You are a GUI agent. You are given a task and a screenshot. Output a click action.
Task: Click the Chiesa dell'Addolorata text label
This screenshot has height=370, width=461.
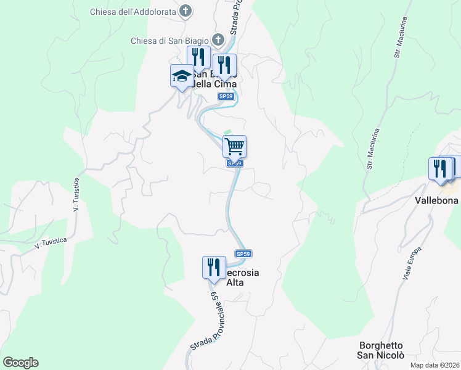point(134,12)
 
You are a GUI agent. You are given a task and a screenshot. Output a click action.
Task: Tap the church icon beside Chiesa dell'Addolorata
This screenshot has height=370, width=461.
point(186,11)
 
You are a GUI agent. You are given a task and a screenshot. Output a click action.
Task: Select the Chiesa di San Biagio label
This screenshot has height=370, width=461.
point(169,41)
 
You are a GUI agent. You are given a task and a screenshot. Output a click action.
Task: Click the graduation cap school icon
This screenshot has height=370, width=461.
point(182,76)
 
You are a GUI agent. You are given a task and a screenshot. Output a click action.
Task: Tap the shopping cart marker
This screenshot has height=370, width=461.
point(234,147)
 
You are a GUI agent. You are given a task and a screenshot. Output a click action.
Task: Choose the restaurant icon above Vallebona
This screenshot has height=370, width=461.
point(440,168)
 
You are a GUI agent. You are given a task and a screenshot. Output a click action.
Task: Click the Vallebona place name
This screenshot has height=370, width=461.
point(436,200)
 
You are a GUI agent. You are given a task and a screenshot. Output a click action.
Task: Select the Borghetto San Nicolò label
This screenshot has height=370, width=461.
point(381,350)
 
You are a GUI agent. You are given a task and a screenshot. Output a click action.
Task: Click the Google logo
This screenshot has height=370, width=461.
point(20,362)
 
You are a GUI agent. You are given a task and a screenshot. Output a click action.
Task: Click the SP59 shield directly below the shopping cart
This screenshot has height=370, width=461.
point(234,163)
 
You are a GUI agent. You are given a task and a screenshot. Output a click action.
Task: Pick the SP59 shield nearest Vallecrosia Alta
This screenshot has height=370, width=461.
point(243,254)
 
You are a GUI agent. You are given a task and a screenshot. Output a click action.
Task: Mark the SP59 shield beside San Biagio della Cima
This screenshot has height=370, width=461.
point(226,96)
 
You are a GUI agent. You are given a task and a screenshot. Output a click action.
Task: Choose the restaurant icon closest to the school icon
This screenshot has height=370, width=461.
point(198,57)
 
